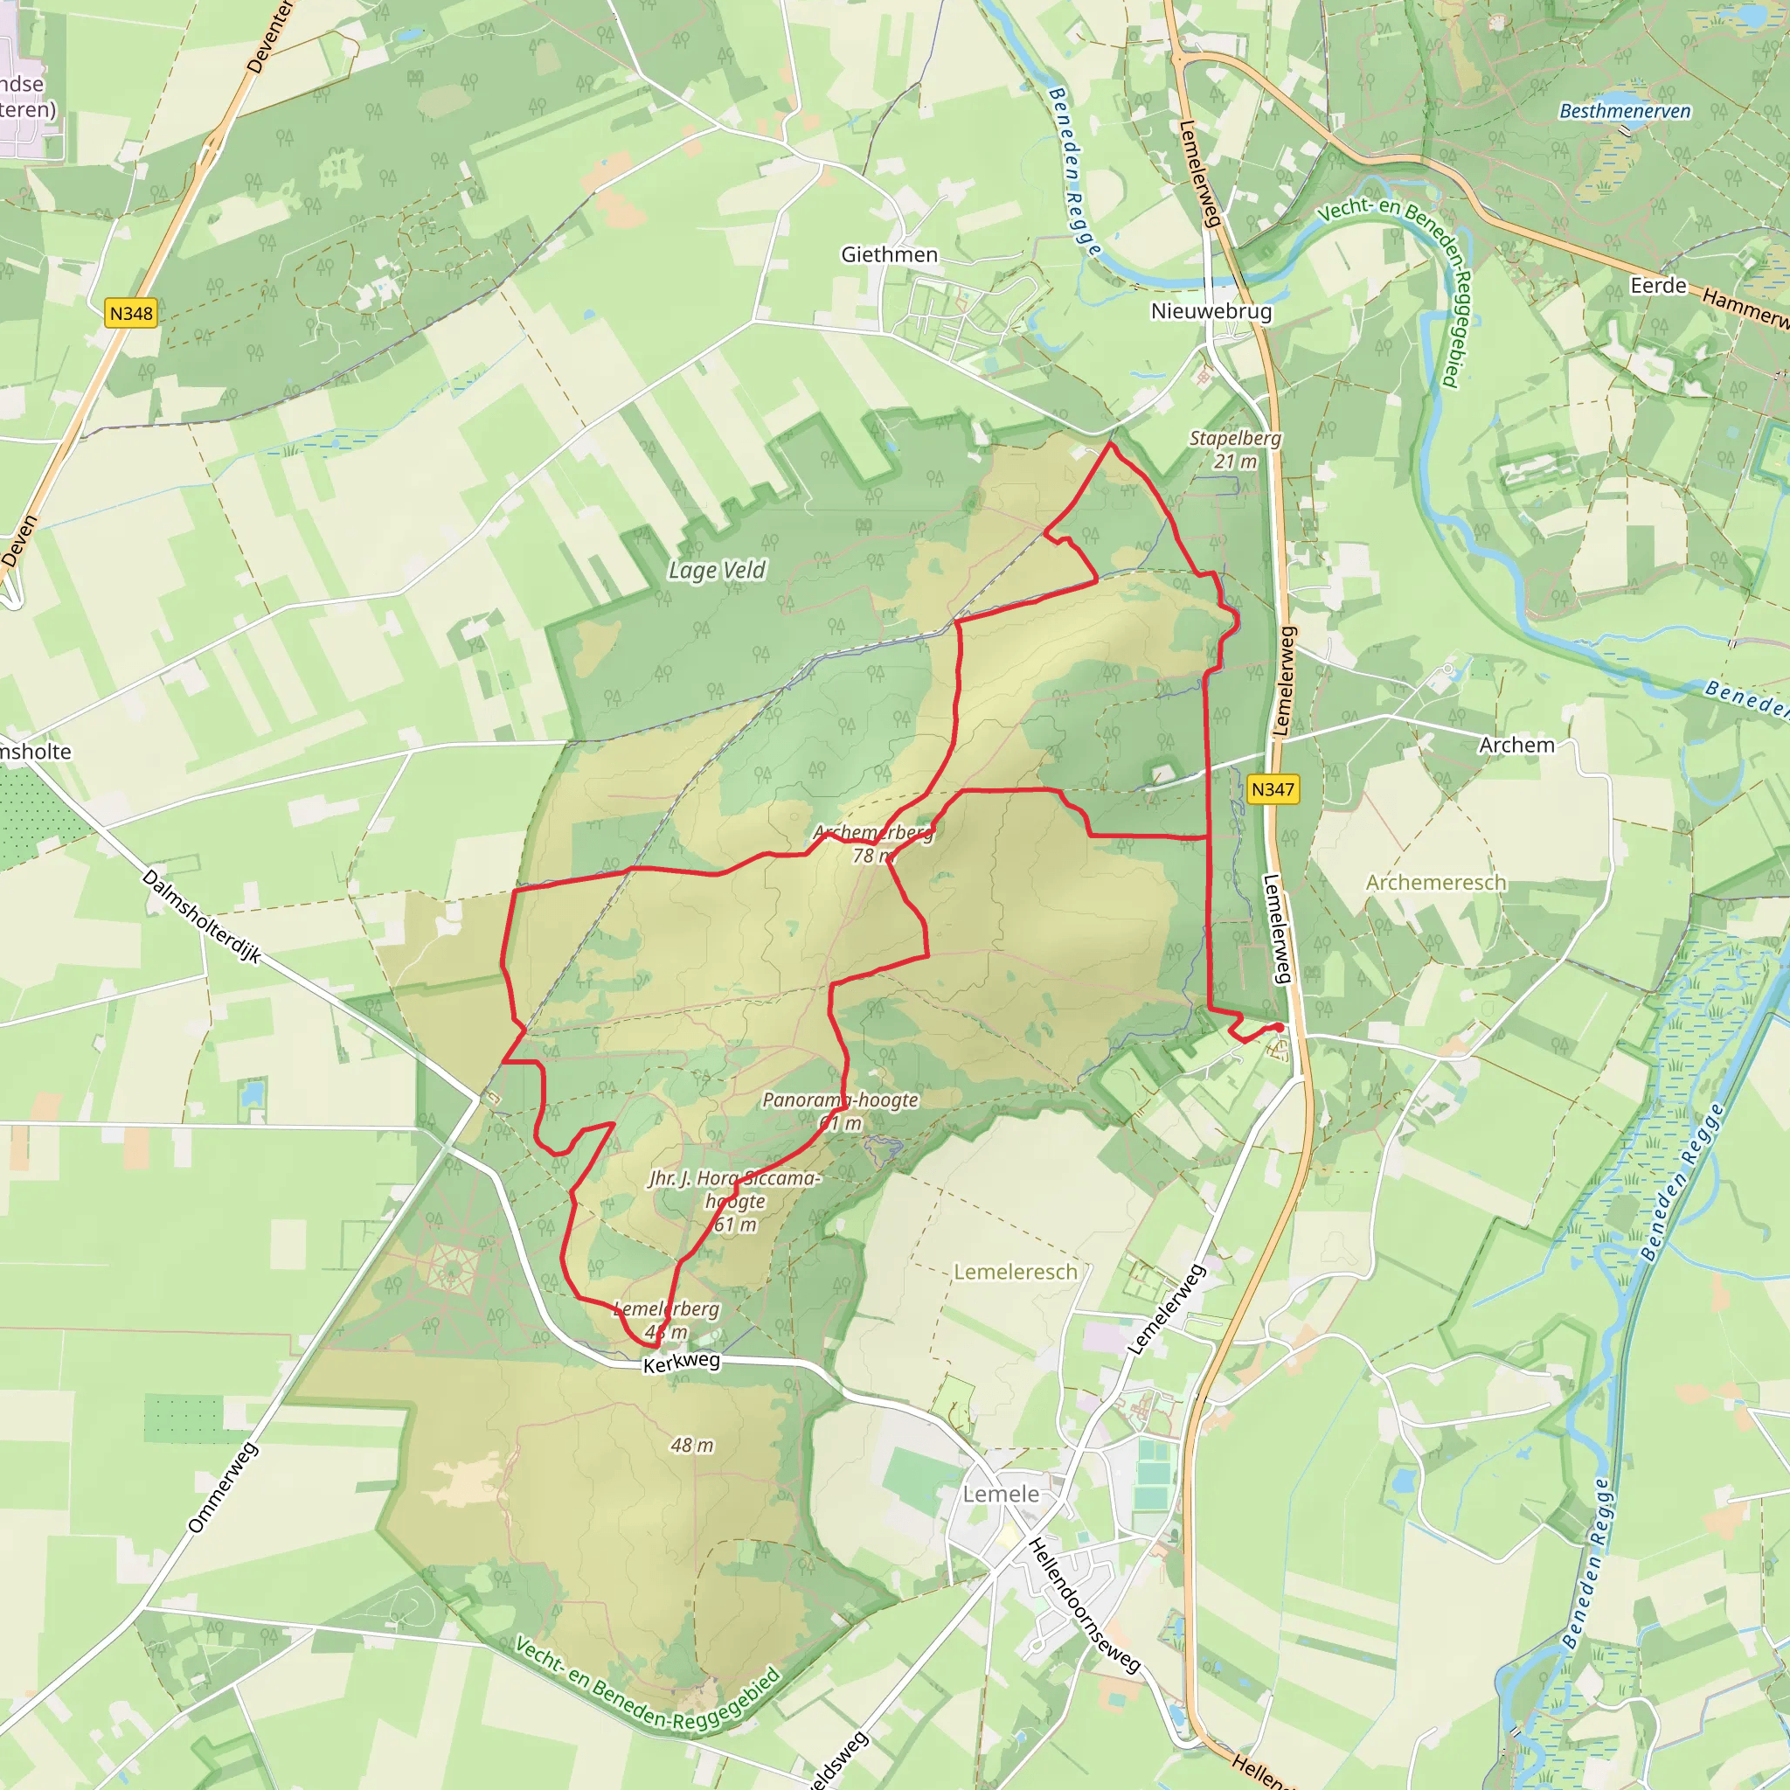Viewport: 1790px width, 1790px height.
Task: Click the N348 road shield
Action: tap(130, 313)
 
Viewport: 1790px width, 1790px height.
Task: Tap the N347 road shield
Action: tap(1271, 789)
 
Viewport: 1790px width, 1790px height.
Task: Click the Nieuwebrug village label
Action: tap(1211, 311)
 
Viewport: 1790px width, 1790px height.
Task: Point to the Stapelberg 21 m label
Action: tap(1235, 448)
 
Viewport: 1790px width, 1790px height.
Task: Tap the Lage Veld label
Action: tap(717, 570)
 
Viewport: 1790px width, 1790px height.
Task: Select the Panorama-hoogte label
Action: tap(840, 1100)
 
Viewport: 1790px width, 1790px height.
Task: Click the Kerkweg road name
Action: tap(681, 1362)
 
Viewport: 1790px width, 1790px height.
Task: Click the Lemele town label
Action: tap(1001, 1495)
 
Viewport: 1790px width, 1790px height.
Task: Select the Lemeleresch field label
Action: tap(1016, 1272)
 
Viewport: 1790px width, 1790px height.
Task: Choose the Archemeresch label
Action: tap(1435, 882)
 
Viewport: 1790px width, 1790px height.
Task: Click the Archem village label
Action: tap(1516, 745)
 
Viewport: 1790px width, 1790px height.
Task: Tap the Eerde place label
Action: tap(1658, 285)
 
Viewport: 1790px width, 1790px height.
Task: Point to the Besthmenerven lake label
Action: tap(1625, 111)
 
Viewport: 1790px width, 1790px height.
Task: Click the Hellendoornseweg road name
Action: tap(1084, 1606)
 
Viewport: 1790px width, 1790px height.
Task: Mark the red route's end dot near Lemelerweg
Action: tap(1280, 1028)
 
